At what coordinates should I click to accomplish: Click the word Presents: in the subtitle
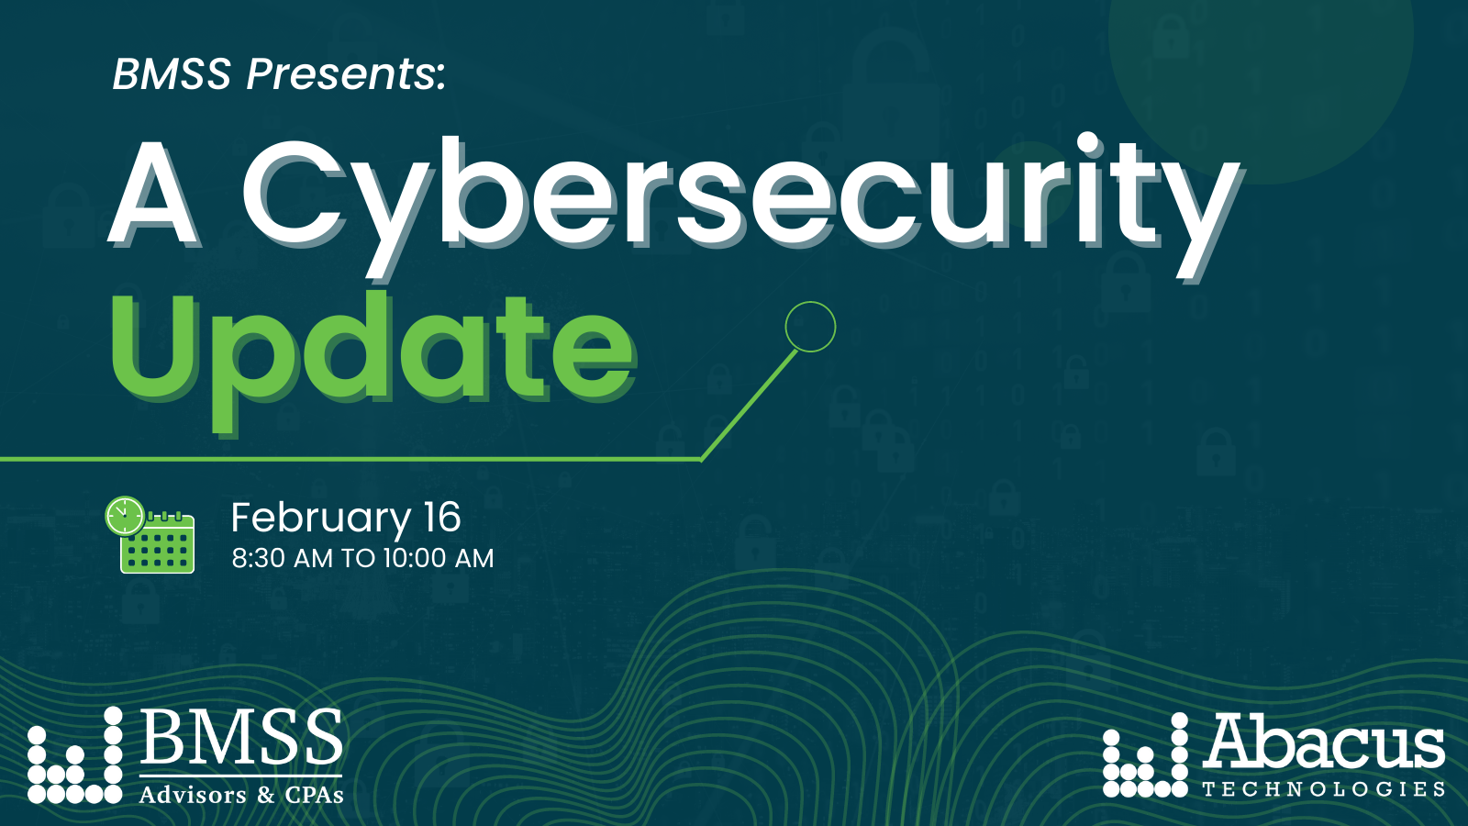pyautogui.click(x=346, y=74)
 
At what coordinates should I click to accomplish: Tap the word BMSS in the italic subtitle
pyautogui.click(x=172, y=74)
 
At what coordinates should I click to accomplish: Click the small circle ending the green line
pyautogui.click(x=810, y=327)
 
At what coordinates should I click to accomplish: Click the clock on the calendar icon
pyautogui.click(x=124, y=516)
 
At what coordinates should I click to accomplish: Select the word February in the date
pyautogui.click(x=320, y=519)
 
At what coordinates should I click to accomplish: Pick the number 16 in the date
pyautogui.click(x=441, y=518)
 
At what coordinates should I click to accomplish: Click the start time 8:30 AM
pyautogui.click(x=282, y=558)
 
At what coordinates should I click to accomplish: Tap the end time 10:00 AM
pyautogui.click(x=439, y=558)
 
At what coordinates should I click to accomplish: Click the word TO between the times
pyautogui.click(x=358, y=558)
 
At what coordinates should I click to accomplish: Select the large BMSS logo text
pyautogui.click(x=242, y=738)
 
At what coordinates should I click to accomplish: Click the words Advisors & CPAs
pyautogui.click(x=241, y=795)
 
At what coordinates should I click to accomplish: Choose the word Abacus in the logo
pyautogui.click(x=1324, y=742)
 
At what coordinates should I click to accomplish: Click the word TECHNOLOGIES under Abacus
pyautogui.click(x=1323, y=789)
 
